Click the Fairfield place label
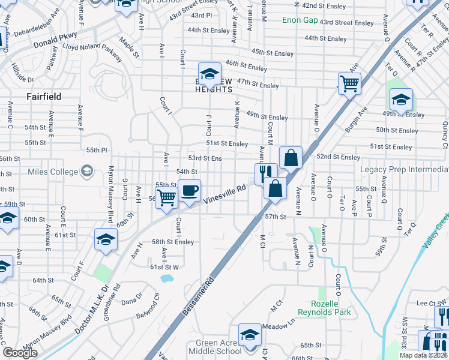click(44, 96)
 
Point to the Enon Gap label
click(300, 20)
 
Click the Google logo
click(20, 353)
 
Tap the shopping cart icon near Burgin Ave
click(349, 83)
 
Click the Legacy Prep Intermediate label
click(404, 170)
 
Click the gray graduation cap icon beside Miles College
click(87, 172)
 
